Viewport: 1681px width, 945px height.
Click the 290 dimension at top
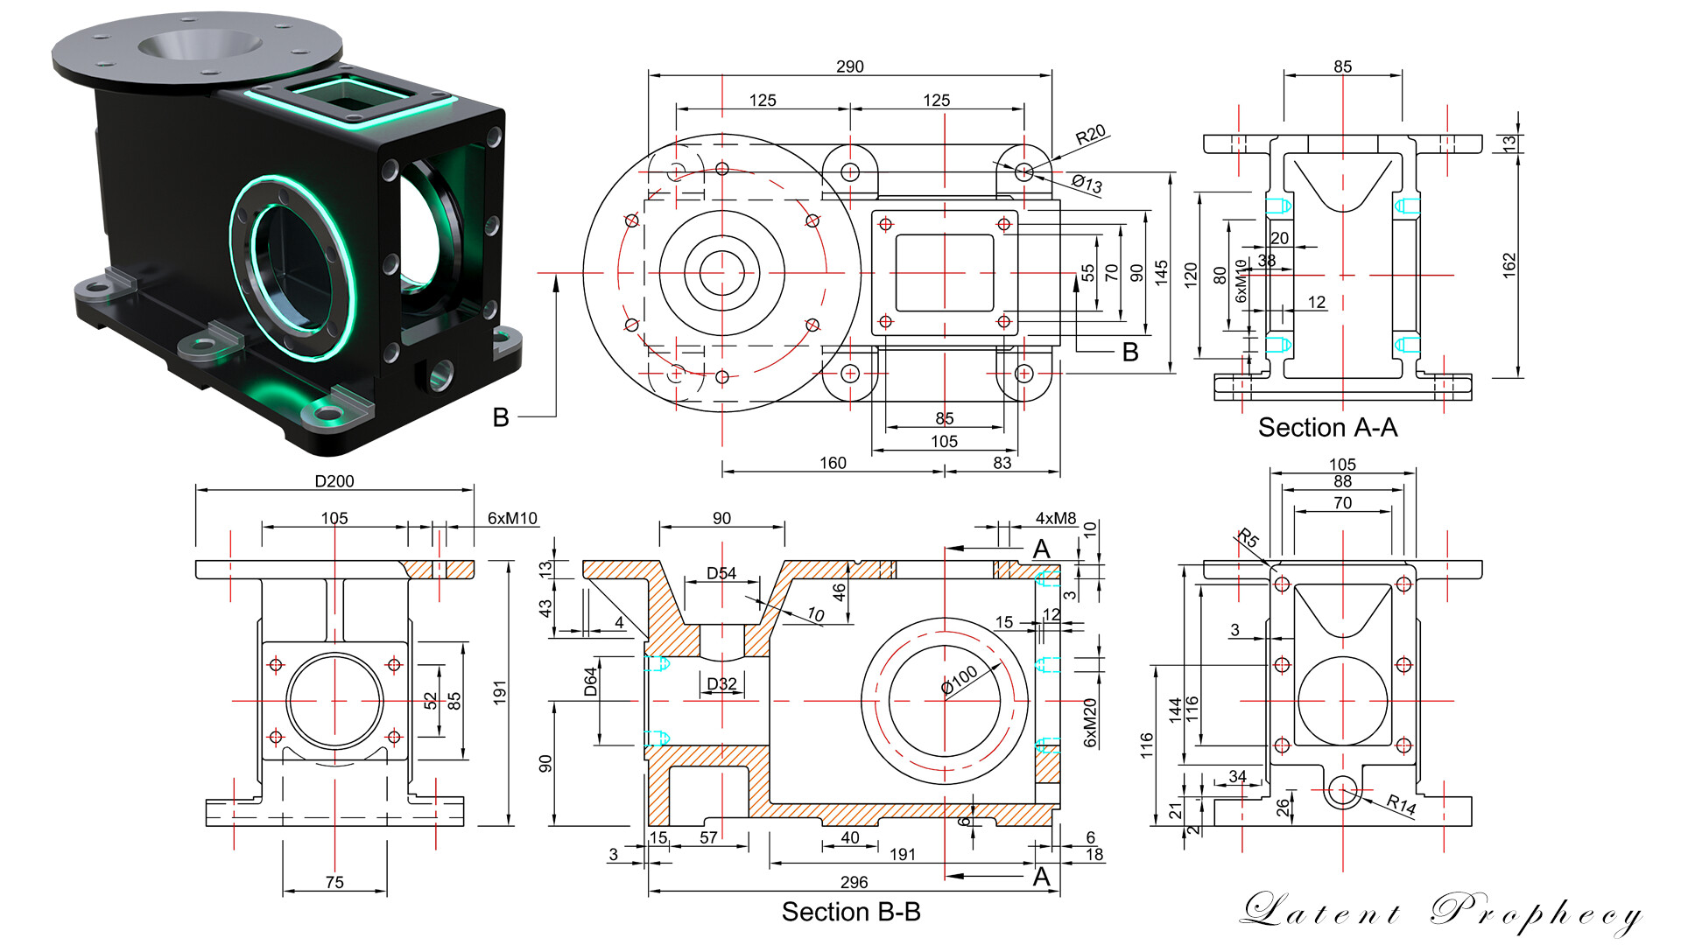click(x=849, y=66)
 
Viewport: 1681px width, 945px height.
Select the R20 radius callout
click(x=1091, y=135)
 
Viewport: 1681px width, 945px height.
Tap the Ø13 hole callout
click(x=1087, y=183)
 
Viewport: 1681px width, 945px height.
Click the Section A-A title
click(x=1327, y=428)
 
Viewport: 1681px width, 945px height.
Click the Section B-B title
click(x=851, y=913)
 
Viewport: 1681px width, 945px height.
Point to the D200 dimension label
click(x=334, y=481)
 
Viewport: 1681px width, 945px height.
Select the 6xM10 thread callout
click(x=512, y=518)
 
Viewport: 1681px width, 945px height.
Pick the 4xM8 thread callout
click(x=1056, y=518)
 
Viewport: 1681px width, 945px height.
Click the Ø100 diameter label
click(x=960, y=680)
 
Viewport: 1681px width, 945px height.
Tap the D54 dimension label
click(x=721, y=573)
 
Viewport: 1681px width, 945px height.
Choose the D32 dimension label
click(x=721, y=683)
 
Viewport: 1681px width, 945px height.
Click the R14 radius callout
click(x=1401, y=804)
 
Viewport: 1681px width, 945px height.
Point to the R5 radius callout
click(x=1248, y=539)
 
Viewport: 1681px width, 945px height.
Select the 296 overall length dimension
click(x=854, y=882)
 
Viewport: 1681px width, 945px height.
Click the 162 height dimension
click(x=1509, y=265)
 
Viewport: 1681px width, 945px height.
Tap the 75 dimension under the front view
click(x=334, y=882)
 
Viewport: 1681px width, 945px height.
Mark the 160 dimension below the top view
click(x=833, y=463)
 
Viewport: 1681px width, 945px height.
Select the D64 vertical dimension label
click(x=591, y=682)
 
